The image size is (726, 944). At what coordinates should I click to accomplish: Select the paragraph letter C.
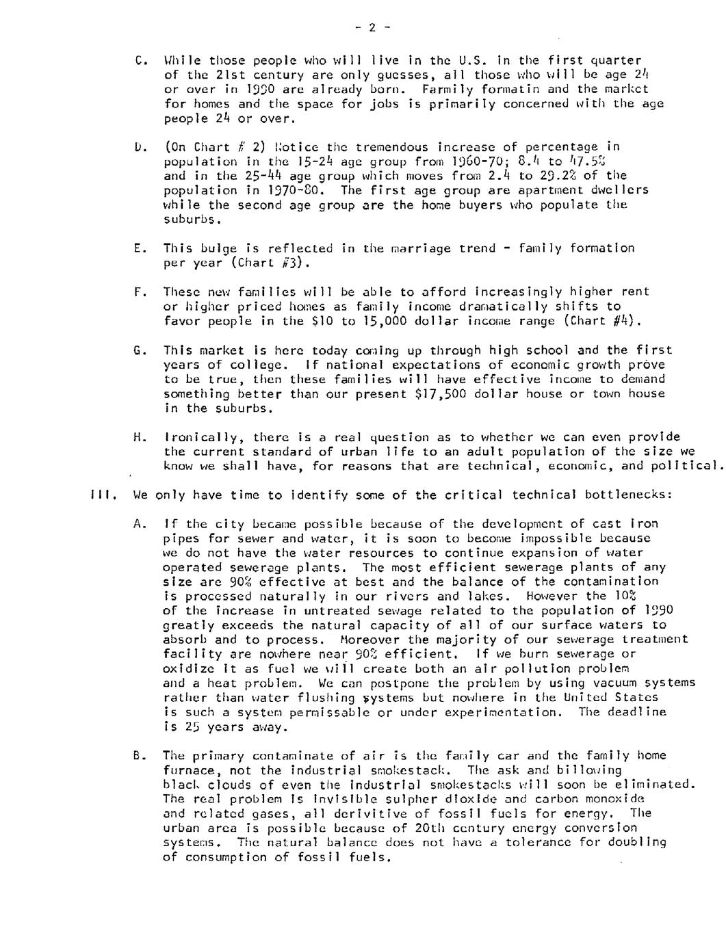tap(139, 60)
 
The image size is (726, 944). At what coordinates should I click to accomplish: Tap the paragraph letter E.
tap(139, 248)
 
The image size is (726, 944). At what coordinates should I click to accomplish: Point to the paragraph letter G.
tap(139, 350)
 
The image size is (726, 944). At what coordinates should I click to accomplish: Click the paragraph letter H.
tap(139, 437)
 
